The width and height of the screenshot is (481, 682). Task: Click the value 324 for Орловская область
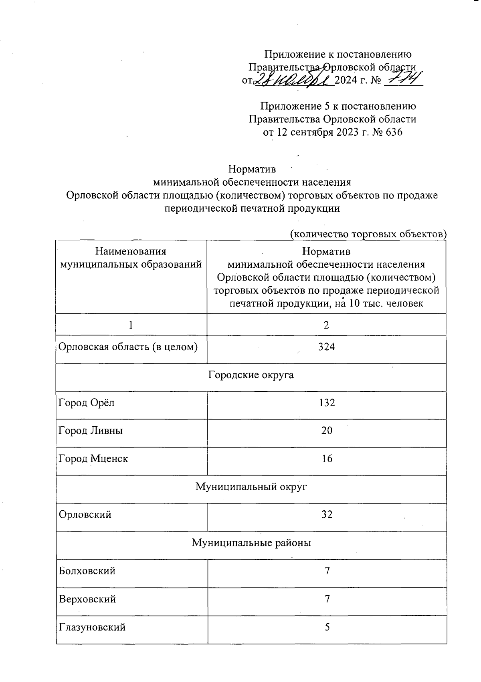tap(326, 347)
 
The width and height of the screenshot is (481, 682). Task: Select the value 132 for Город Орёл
tap(327, 403)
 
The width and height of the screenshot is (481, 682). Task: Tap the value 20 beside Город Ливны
tap(327, 431)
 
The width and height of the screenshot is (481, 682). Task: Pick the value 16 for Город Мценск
tap(327, 459)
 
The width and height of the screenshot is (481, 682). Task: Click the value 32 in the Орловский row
tap(327, 515)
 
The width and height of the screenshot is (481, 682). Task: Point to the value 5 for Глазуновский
tap(327, 627)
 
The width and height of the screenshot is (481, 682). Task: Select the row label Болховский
tap(87, 571)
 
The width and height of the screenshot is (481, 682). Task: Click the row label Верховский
tap(87, 599)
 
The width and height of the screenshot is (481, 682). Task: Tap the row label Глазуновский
tap(92, 627)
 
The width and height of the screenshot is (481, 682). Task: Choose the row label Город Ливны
tap(91, 431)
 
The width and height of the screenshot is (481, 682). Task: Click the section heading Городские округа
tap(251, 375)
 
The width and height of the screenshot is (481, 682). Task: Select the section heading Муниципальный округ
tap(251, 487)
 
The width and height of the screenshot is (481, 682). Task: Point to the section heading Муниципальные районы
tap(251, 543)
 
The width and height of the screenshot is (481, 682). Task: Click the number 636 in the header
tap(394, 132)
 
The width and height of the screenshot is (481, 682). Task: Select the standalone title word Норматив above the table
tap(252, 169)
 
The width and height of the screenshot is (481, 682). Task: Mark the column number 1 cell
tap(131, 325)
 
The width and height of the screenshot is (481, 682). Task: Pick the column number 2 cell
tap(326, 325)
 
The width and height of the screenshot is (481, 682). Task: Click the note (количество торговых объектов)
tap(368, 234)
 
